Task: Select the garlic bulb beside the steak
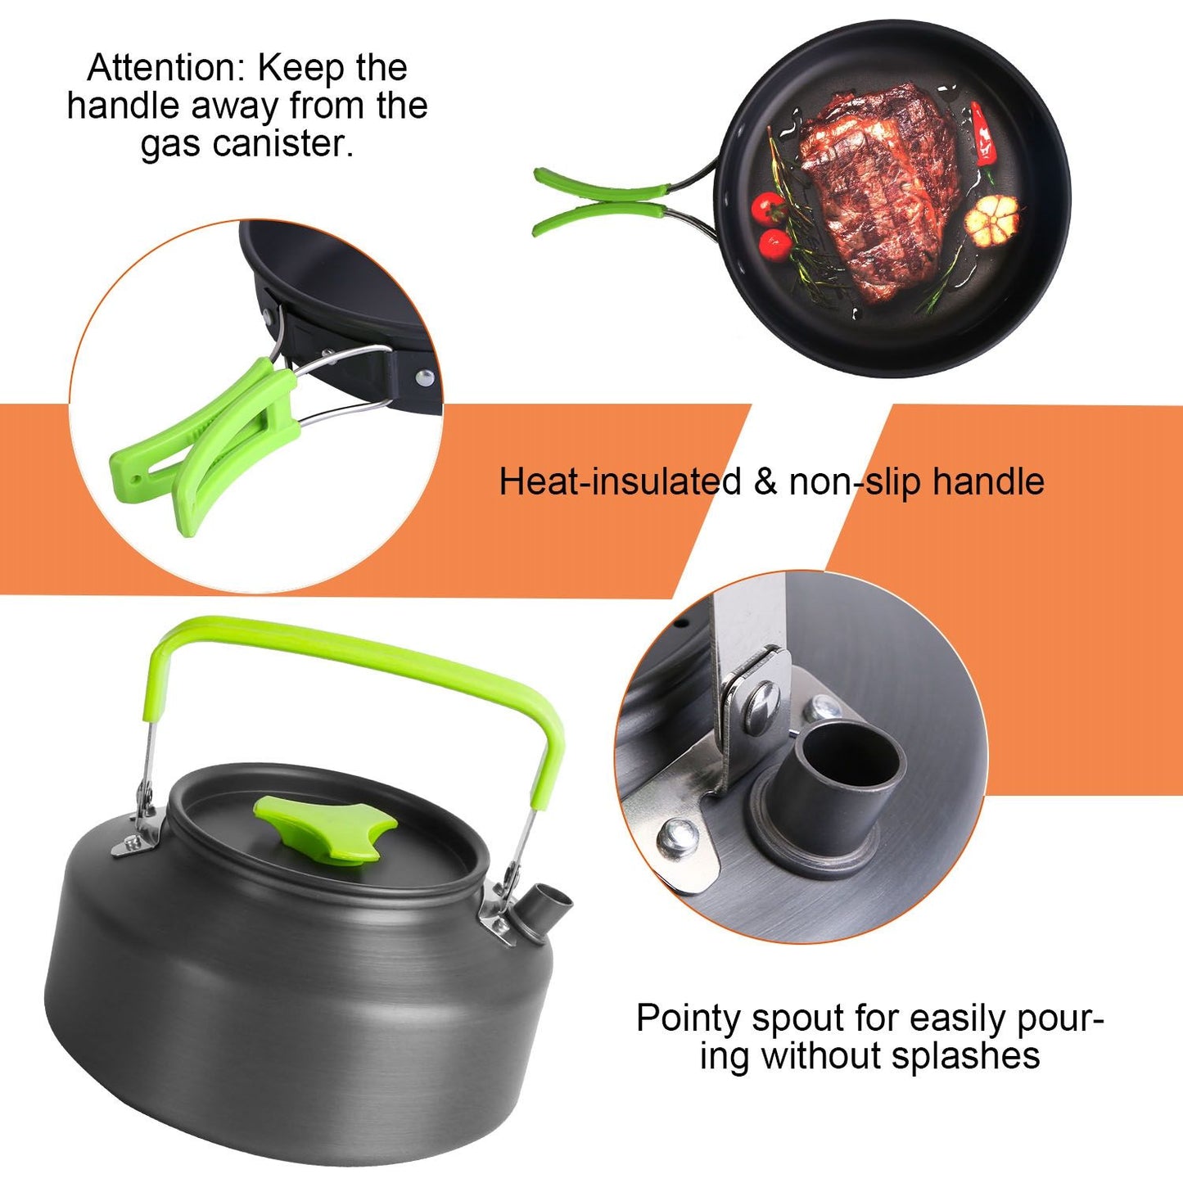click(x=992, y=219)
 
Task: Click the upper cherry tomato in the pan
click(x=769, y=208)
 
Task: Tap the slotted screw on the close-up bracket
click(x=761, y=705)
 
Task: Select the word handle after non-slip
click(x=988, y=481)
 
